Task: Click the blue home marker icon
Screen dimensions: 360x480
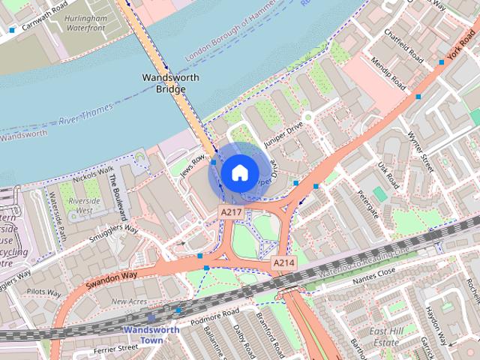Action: (x=238, y=173)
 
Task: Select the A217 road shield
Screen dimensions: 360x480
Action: (x=229, y=214)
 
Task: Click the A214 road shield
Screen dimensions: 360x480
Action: (x=283, y=262)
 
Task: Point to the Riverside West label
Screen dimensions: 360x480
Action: (x=84, y=206)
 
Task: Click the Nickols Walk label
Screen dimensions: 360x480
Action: (x=94, y=173)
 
